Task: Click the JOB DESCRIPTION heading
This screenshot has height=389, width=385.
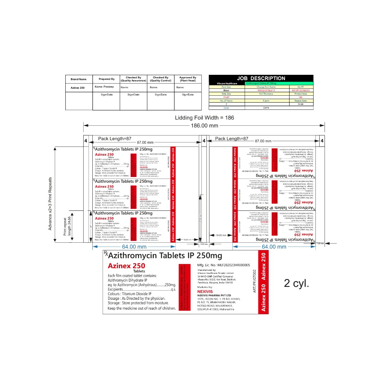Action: (x=261, y=78)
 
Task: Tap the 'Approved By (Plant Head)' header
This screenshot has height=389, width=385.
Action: (x=188, y=79)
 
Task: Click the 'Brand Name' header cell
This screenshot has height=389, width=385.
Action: (x=79, y=79)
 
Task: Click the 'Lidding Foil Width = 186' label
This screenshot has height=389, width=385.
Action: (x=204, y=118)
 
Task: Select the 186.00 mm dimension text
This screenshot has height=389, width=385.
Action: (x=204, y=125)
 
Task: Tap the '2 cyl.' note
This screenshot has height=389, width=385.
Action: (x=296, y=283)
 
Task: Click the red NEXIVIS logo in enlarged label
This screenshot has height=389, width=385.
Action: (x=205, y=291)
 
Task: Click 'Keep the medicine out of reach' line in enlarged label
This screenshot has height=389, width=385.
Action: (x=141, y=308)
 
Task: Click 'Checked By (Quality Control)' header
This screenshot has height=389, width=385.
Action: (x=161, y=79)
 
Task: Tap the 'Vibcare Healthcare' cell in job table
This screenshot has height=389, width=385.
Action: (x=227, y=83)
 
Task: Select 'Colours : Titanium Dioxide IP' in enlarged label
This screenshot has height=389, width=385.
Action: (x=129, y=294)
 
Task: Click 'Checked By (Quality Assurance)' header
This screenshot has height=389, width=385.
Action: (x=133, y=79)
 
